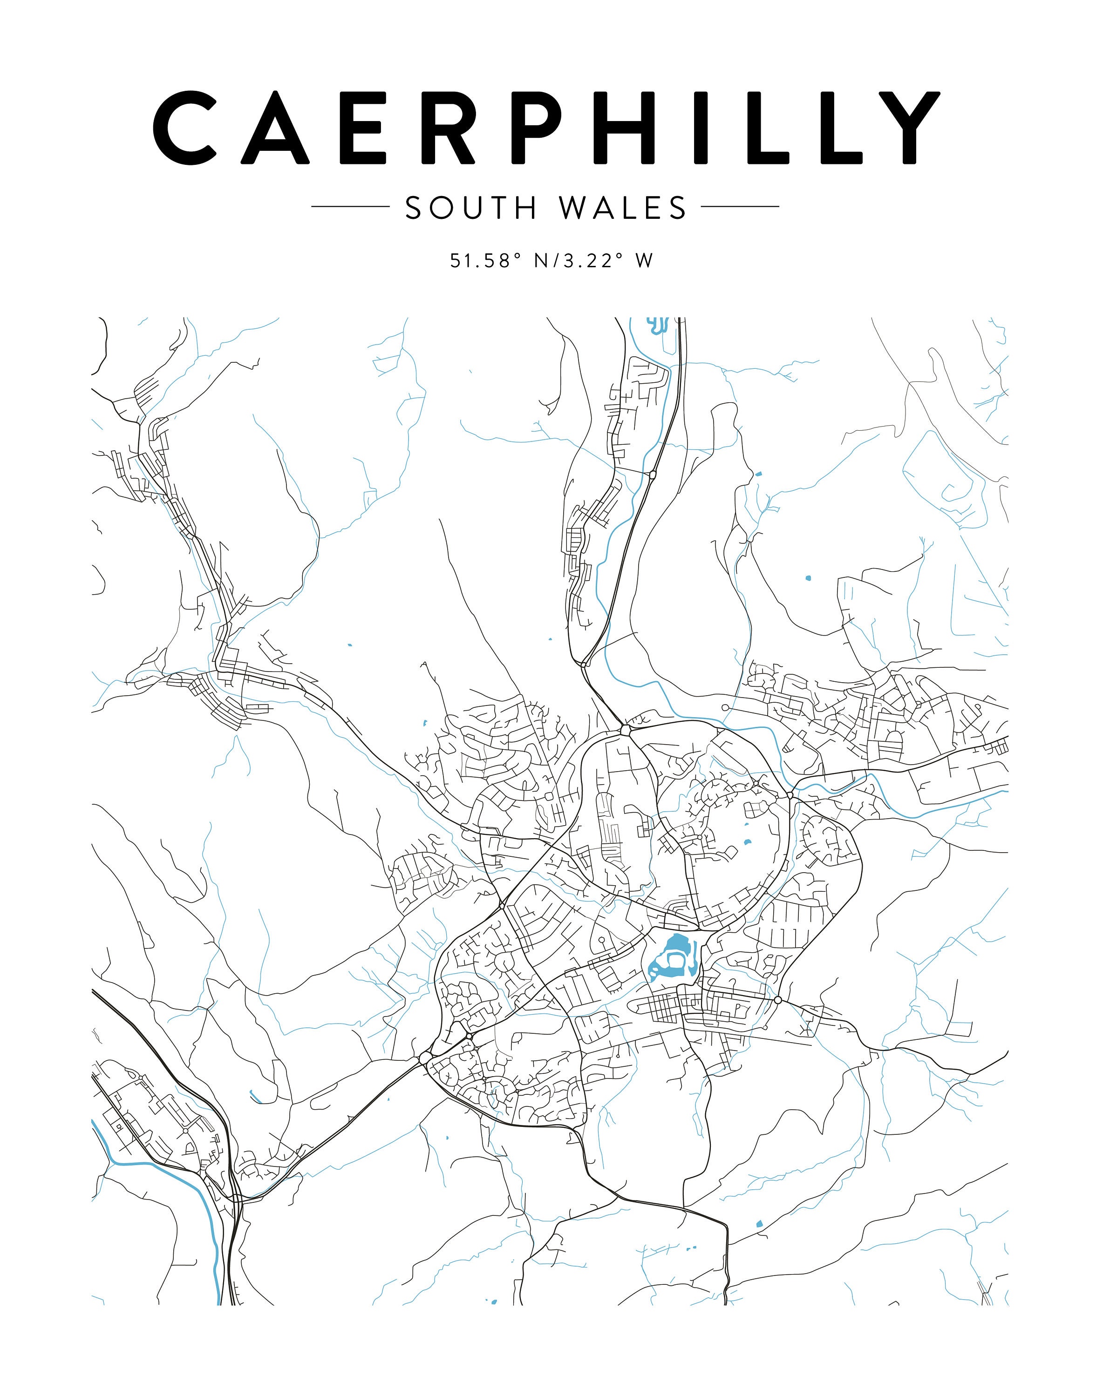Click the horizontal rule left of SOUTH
[x=349, y=207]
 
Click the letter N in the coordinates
[x=542, y=261]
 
